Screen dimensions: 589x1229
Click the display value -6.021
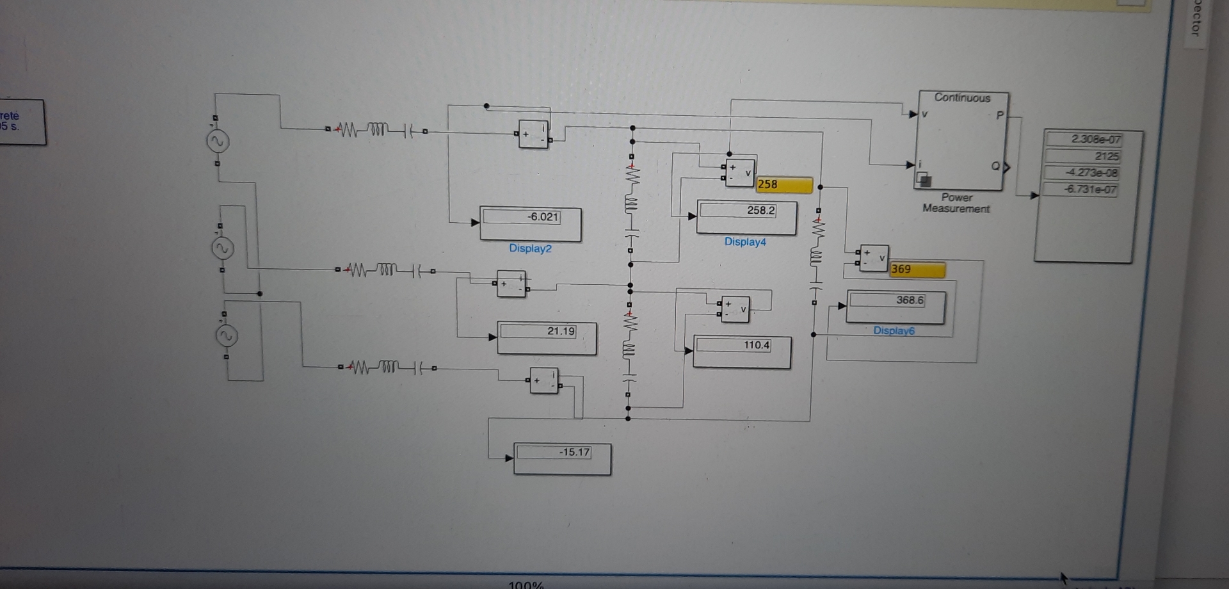543,217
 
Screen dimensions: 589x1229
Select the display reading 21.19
561,331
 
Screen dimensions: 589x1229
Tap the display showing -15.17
574,452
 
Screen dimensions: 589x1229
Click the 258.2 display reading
760,210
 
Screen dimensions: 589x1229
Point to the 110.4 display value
757,345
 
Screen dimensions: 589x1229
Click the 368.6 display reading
910,300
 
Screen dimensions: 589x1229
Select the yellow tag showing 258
783,184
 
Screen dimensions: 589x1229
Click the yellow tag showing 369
917,270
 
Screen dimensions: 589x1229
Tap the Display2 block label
530,248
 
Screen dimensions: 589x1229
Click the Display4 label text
745,242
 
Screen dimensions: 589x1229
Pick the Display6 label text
894,331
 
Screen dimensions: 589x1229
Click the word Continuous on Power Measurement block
962,98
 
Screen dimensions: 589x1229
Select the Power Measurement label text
956,203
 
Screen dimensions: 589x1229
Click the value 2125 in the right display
1106,156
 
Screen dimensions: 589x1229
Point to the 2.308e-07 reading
1096,139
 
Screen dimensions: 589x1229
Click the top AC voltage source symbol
218,141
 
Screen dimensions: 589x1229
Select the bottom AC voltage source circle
226,335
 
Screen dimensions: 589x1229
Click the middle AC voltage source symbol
222,248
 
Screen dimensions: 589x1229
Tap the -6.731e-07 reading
1091,189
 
